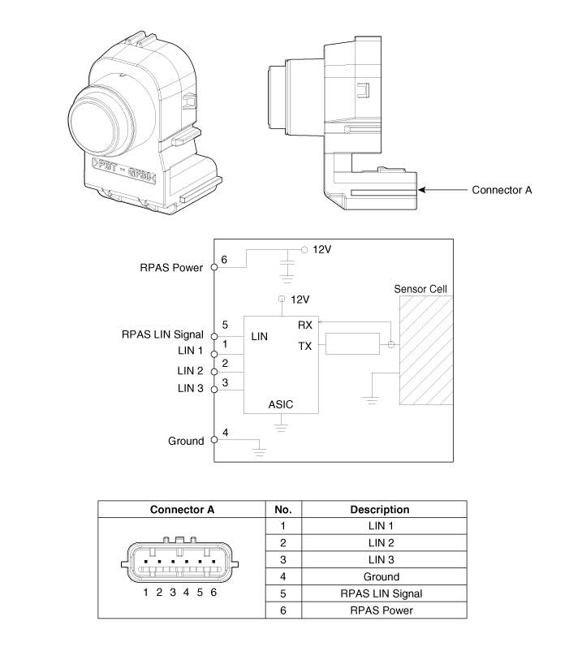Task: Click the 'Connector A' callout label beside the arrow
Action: tap(502, 191)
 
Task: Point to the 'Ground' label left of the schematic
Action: tap(186, 441)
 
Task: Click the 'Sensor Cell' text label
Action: tap(420, 289)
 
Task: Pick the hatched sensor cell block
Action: tap(425, 351)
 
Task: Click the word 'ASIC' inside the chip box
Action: tap(281, 403)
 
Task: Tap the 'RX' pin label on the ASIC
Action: tap(306, 325)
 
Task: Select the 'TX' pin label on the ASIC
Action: tap(305, 346)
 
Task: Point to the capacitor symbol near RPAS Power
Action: tap(286, 265)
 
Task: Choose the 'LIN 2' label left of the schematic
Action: tap(191, 371)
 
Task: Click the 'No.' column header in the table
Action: tap(282, 510)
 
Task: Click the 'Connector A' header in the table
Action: tap(183, 510)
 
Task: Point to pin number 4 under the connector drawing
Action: tap(186, 593)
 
